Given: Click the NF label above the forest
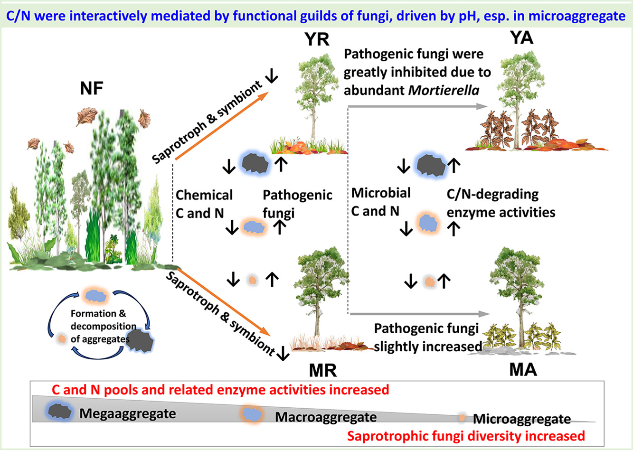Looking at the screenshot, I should click(x=92, y=88).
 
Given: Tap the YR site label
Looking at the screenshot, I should click(x=317, y=39).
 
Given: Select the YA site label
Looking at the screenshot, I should click(x=521, y=37).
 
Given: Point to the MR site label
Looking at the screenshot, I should click(x=323, y=370).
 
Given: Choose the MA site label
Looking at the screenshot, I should click(x=523, y=369).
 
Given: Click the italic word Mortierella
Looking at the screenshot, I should click(x=444, y=90).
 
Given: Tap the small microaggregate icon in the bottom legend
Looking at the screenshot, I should click(x=462, y=418).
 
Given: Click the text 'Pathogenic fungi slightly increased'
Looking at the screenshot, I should click(x=426, y=337).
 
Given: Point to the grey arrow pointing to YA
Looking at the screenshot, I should click(x=418, y=107).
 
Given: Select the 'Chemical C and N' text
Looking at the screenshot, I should click(x=204, y=204).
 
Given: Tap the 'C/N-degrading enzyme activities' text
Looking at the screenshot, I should click(x=501, y=203).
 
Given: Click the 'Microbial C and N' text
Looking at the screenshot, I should click(x=381, y=202).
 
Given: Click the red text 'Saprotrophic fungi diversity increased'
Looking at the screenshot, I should click(x=465, y=436).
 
